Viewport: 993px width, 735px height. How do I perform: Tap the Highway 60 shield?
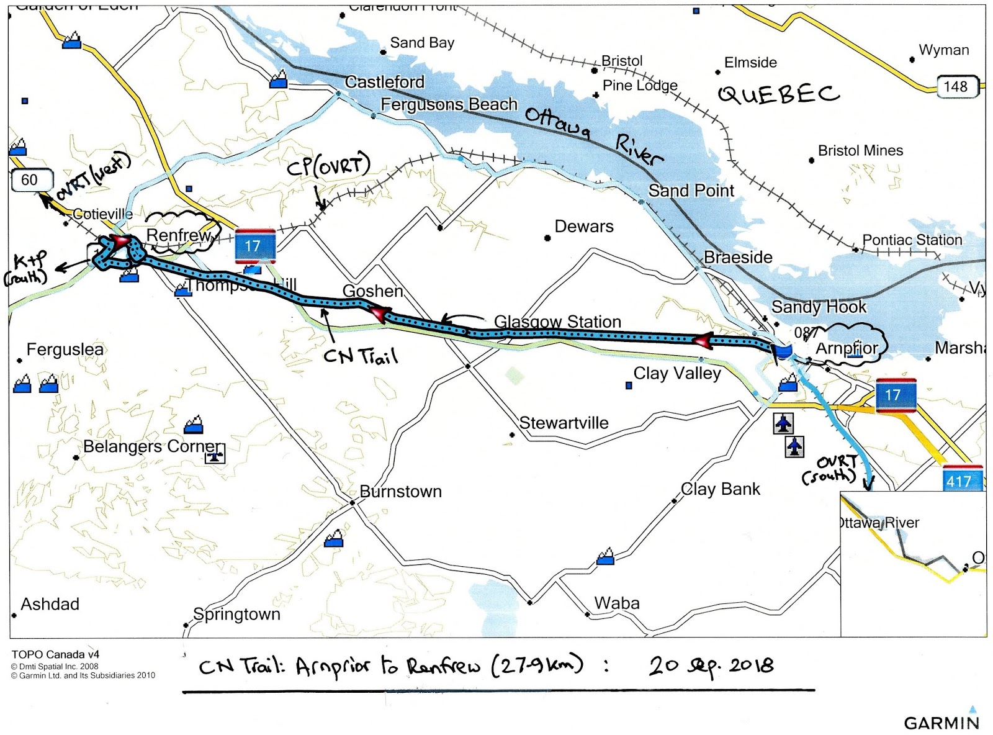point(29,180)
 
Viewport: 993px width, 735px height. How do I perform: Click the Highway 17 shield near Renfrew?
point(254,246)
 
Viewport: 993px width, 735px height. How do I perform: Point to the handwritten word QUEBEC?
point(779,94)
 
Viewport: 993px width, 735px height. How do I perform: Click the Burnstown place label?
point(400,492)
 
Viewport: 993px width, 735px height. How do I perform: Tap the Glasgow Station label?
point(557,322)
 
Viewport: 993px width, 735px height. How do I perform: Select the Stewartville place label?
point(564,423)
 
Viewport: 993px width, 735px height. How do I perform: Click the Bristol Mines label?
point(860,151)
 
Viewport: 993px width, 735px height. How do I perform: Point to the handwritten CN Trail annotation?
point(361,356)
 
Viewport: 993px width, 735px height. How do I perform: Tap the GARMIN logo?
point(941,722)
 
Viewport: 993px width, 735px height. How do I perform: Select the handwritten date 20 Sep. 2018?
point(711,665)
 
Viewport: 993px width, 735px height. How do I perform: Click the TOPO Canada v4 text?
point(55,654)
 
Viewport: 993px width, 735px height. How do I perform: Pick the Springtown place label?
point(236,614)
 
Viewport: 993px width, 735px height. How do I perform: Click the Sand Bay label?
point(422,43)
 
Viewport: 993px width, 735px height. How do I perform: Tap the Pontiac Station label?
point(912,240)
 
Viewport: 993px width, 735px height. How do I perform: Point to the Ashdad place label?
point(50,604)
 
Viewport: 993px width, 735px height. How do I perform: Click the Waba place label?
point(616,603)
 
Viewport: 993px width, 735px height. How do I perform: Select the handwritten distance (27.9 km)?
point(537,665)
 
